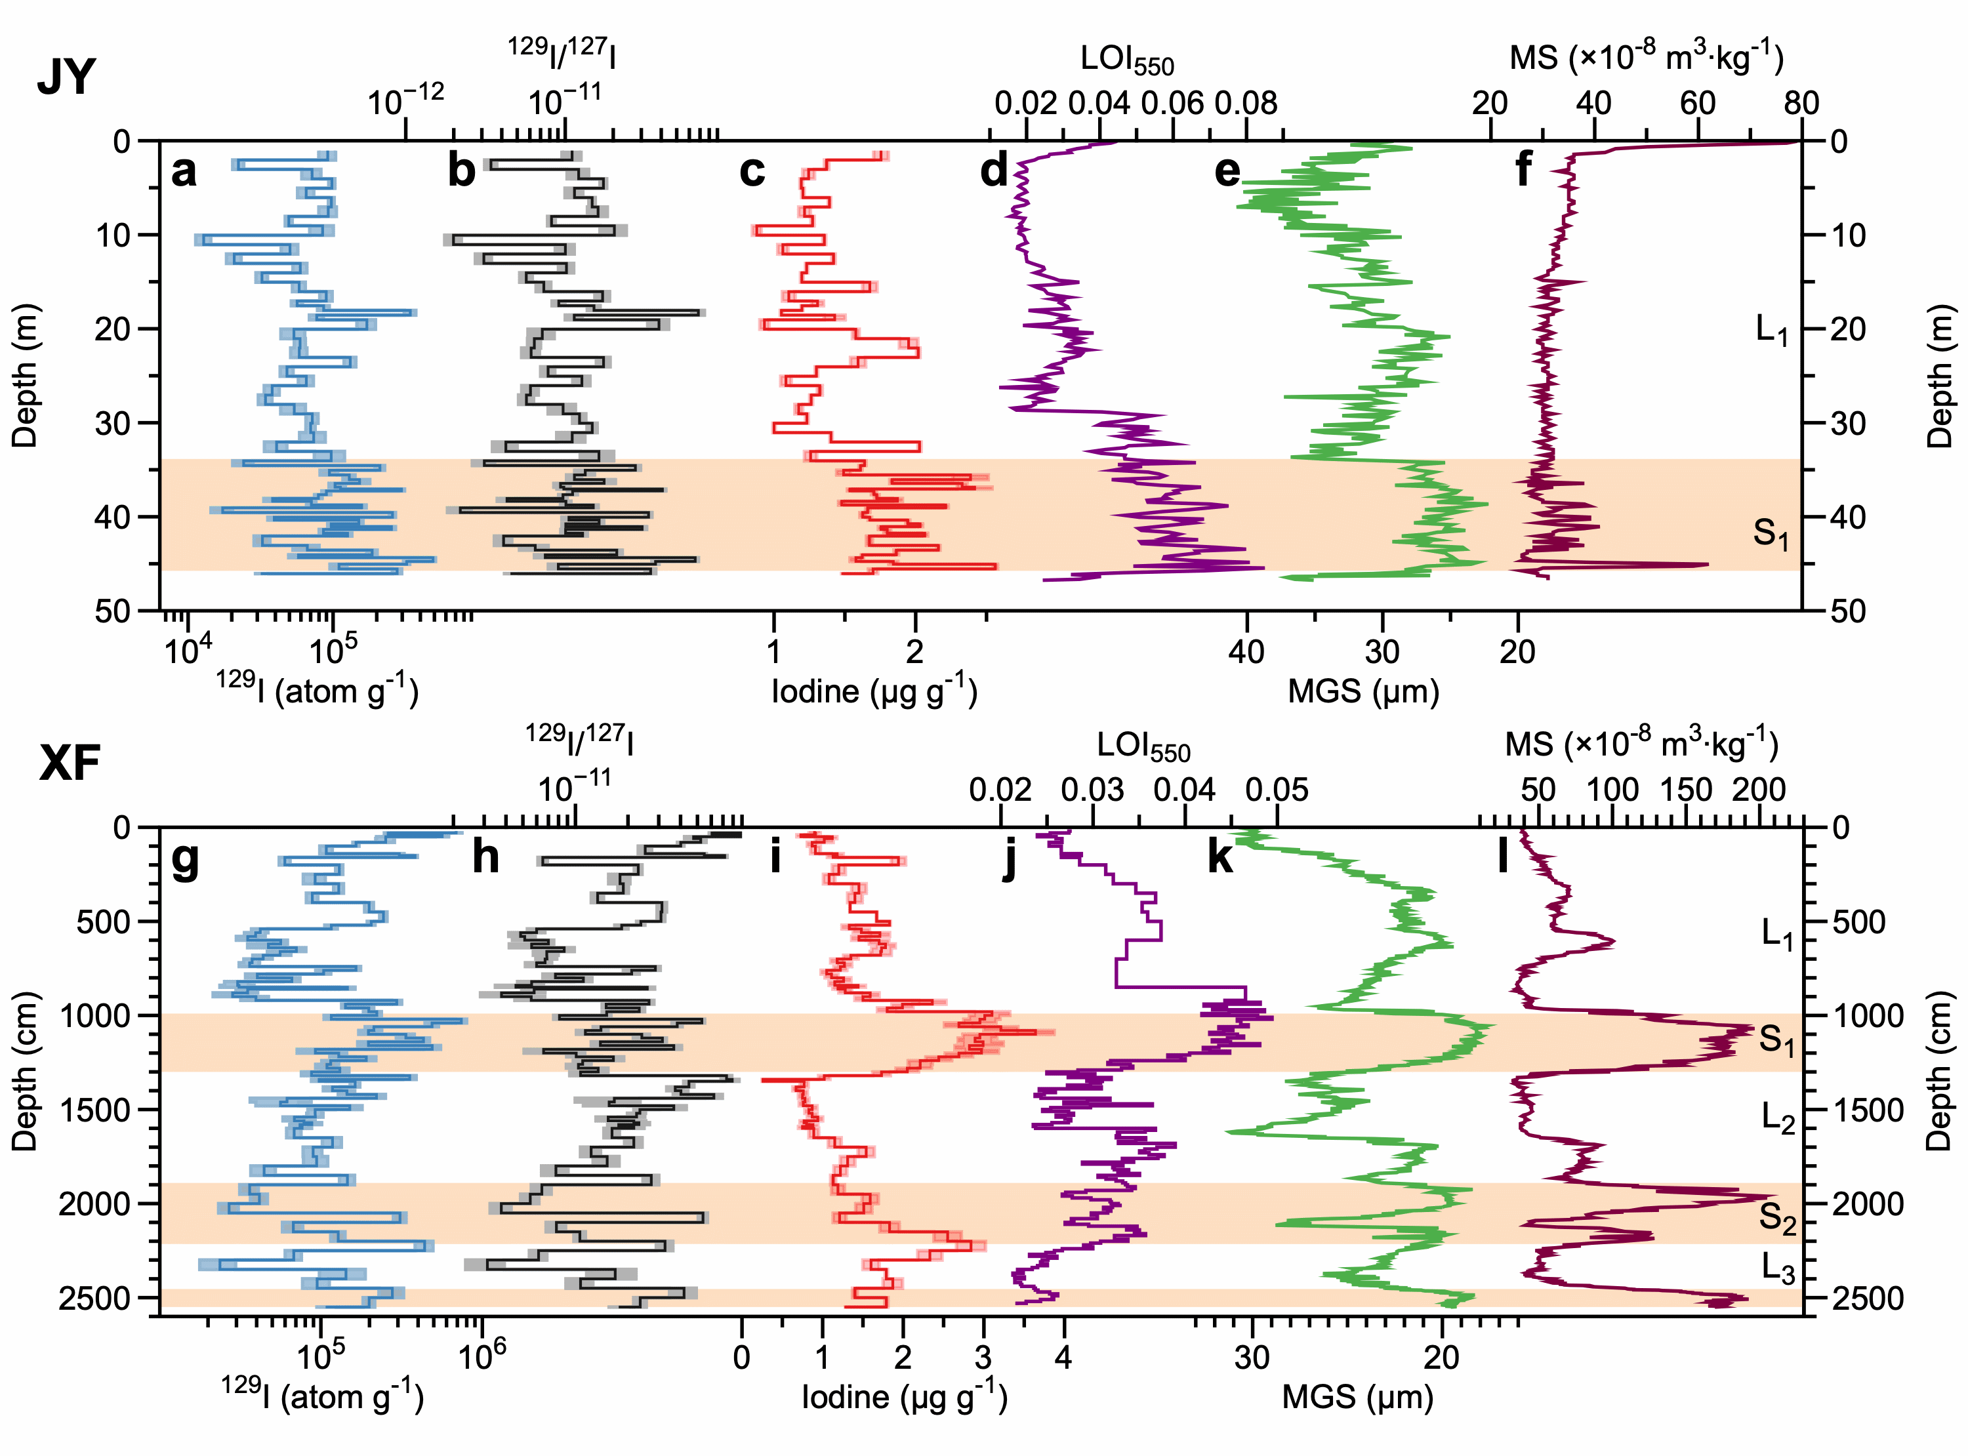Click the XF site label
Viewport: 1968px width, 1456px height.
coord(70,763)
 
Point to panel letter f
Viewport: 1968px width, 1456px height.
coord(1523,169)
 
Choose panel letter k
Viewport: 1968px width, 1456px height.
coord(1221,856)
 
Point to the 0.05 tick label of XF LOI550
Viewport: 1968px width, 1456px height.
coord(1277,790)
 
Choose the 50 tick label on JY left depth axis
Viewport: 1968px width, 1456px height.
coord(113,610)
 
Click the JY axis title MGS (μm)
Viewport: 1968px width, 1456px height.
coord(1363,691)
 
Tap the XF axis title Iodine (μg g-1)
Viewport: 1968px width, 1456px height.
coord(904,1397)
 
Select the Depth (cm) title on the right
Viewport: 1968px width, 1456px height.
coord(1939,1072)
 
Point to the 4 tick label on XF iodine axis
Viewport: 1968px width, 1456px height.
coord(1064,1356)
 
